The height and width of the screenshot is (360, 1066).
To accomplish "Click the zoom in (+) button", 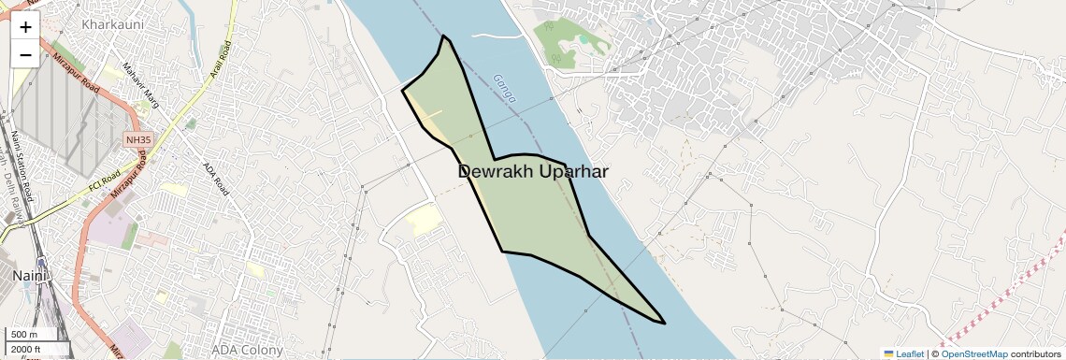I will coord(25,27).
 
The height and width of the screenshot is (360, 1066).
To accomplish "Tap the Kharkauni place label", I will coord(112,23).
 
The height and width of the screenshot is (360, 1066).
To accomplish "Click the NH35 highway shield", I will coord(137,140).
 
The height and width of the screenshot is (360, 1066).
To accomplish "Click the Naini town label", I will coord(29,276).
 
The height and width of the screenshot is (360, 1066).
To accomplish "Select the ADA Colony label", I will coord(247,350).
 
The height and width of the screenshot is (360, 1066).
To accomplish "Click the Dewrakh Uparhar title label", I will coord(533,172).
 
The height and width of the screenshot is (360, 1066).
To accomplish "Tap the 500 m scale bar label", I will coord(25,335).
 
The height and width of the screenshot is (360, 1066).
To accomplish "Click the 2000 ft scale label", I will coord(28,349).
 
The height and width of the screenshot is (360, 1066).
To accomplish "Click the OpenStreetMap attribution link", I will coord(973,353).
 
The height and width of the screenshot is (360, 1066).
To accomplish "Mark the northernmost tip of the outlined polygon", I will coord(444,36).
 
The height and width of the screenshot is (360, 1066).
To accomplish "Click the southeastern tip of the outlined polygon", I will coord(664,324).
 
